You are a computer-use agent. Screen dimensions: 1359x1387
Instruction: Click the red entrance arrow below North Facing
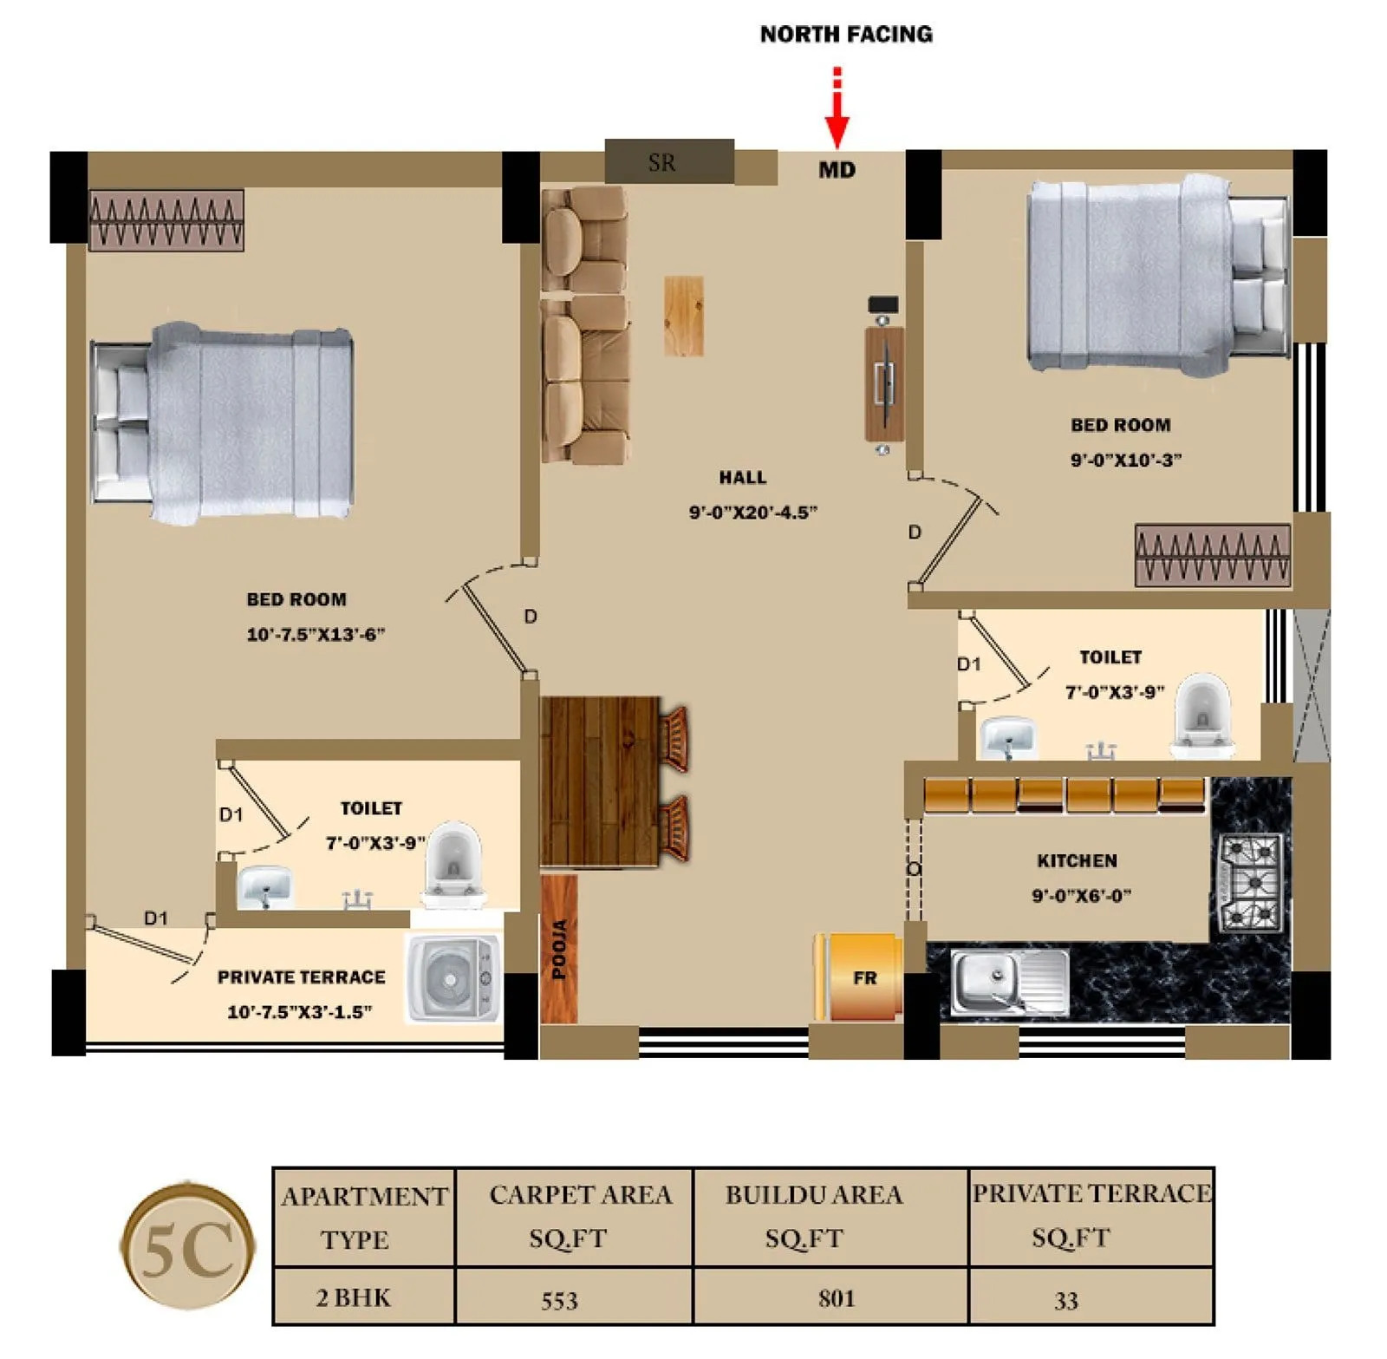tap(836, 117)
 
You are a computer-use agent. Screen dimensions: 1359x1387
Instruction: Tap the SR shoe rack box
tap(668, 161)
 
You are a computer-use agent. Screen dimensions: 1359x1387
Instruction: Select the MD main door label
tap(837, 170)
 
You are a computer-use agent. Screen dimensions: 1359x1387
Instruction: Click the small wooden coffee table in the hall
tap(683, 316)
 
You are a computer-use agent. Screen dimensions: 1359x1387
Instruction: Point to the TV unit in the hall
tap(883, 382)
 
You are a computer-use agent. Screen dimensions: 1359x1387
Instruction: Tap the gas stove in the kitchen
tap(1252, 882)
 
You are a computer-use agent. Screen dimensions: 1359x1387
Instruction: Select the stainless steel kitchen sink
tap(1008, 982)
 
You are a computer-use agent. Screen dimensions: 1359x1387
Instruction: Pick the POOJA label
tap(559, 949)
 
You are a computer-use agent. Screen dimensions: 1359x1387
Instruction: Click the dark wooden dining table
tap(600, 781)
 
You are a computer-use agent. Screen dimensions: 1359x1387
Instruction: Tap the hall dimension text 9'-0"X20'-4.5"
tap(752, 513)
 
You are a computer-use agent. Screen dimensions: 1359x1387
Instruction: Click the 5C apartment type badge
tap(187, 1249)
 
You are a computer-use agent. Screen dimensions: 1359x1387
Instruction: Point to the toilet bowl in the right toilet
tap(1203, 715)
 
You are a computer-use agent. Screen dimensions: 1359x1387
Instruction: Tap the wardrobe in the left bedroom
tap(166, 221)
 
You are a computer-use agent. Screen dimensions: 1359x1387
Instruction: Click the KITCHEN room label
tap(1077, 861)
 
